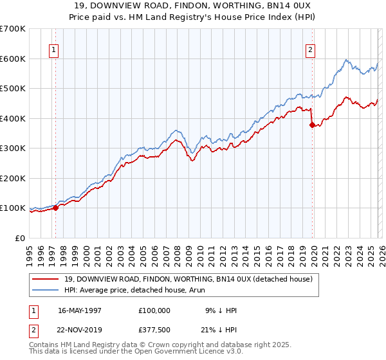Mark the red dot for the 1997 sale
pos(55,208)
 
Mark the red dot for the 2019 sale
pos(312,125)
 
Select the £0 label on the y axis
pos(19,238)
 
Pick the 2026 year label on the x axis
pos(381,251)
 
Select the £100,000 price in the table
pos(154,310)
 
